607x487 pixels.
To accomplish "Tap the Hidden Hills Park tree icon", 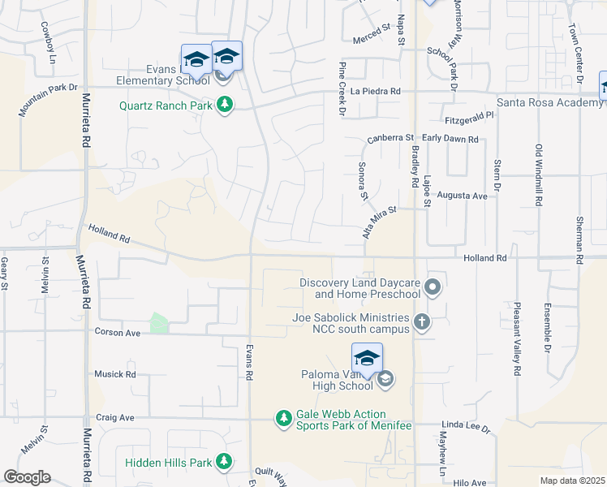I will [224, 463].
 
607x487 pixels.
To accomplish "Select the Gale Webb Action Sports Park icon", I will [283, 419].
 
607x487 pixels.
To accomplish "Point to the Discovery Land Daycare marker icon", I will [433, 287].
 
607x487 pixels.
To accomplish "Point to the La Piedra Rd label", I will [376, 92].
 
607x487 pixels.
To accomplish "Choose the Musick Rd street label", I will [115, 374].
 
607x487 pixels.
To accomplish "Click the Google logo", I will [27, 477].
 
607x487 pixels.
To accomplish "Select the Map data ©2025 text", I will [571, 481].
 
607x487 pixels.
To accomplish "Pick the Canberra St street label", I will [390, 139].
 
